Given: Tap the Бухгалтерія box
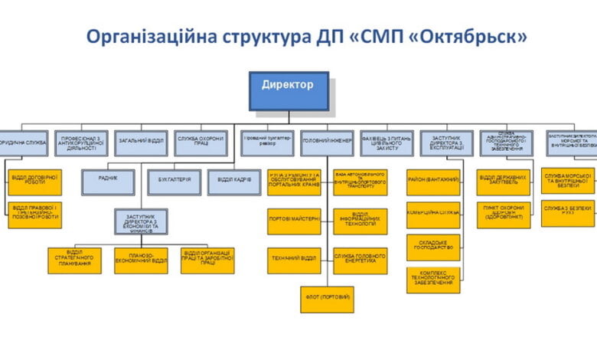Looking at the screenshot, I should pos(174,182).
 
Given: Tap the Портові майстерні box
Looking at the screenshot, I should pos(294,221).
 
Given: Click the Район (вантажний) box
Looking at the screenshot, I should pos(432,182).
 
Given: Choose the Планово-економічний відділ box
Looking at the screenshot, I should pos(141,260).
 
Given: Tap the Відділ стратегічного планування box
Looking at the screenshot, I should pos(75,260).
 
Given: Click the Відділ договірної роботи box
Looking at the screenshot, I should pos(34,182).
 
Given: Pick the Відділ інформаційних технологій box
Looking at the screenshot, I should pos(360,221).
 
